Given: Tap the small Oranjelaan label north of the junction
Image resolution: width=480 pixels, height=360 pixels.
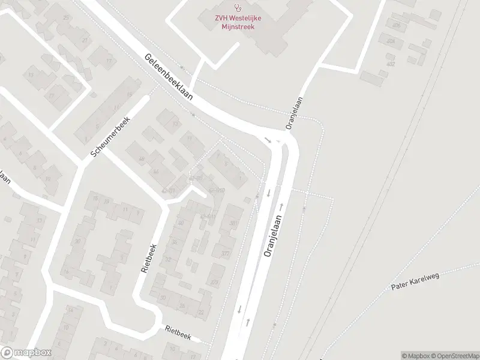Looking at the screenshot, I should coord(293,114).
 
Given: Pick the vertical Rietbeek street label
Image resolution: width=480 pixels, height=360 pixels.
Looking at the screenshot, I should coord(149,258).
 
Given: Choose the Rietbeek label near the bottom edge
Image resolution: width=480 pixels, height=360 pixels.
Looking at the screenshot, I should coord(178,332).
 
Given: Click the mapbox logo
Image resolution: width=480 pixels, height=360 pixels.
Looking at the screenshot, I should coord(26,353).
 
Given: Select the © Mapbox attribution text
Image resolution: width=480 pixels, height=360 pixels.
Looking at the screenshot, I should coord(416,356).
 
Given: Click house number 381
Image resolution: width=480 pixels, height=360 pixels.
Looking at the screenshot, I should coord(233,223).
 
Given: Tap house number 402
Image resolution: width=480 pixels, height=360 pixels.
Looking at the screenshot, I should coord(391,63).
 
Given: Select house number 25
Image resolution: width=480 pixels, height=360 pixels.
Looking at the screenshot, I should coord(67,17).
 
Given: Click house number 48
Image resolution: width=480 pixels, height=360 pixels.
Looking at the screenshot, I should coord(142,159).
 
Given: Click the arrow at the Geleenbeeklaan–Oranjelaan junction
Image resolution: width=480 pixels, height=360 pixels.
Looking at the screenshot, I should coord(268,140).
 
